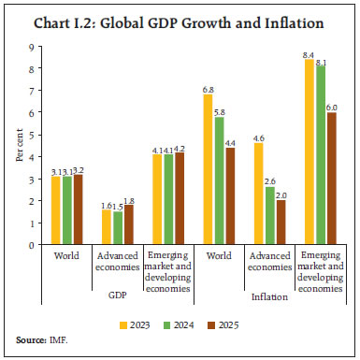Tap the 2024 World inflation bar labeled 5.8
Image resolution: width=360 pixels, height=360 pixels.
tap(220, 180)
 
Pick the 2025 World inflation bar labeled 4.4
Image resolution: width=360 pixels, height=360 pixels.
tap(231, 195)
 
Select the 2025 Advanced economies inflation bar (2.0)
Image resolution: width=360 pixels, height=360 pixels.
tap(281, 223)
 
